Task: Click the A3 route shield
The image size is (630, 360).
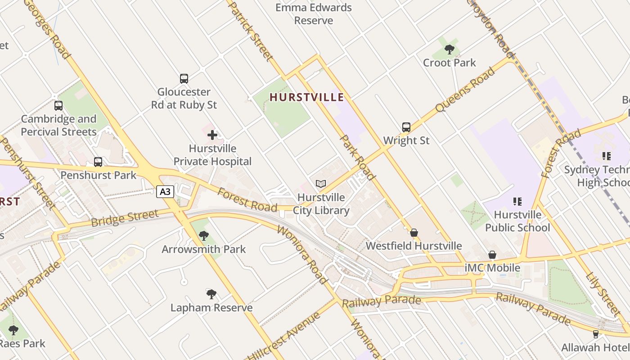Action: coord(166,192)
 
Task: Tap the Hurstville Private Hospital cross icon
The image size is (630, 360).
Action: coord(212,135)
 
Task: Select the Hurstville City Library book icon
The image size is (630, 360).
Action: coord(320,184)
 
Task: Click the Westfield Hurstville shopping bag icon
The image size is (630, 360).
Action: coord(414,233)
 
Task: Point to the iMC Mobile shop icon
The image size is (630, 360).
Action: coord(492,255)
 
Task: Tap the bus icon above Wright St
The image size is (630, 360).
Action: coord(406,127)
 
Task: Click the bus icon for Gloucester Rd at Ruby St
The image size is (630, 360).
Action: coord(184,79)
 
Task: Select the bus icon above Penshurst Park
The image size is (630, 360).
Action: coord(98,162)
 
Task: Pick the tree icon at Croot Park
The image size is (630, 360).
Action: coord(449,49)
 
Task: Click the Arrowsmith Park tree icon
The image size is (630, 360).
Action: coord(204,235)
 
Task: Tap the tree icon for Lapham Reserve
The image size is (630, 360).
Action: coord(211,294)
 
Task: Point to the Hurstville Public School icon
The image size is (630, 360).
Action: coord(517,202)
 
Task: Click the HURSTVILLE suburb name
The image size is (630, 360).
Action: coord(306,97)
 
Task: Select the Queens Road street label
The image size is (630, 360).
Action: coord(465,90)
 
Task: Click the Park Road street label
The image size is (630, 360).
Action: coord(357,157)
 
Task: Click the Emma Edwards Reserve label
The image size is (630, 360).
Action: coord(313,14)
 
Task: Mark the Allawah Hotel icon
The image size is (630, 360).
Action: coord(596,334)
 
